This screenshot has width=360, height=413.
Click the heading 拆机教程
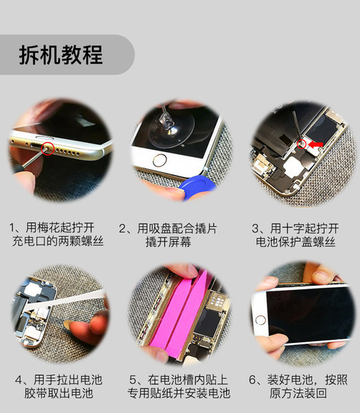tap(61, 55)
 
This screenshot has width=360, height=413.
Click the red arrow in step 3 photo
tap(315, 144)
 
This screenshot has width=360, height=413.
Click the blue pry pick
tap(197, 185)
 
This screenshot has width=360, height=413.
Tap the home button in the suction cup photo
tap(160, 160)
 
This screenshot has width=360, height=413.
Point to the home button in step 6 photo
tap(261, 321)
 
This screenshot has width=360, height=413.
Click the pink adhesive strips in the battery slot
tap(179, 313)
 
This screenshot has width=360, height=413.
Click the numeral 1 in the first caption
tap(12, 228)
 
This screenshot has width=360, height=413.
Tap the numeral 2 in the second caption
tap(123, 229)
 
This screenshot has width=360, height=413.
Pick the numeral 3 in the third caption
tap(255, 229)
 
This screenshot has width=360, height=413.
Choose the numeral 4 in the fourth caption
tap(19, 380)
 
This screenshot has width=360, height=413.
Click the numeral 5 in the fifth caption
tap(133, 380)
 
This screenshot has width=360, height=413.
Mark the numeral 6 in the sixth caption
tap(253, 380)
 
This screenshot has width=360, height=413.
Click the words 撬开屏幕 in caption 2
tap(169, 242)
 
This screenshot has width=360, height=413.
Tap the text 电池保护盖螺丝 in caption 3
tap(295, 242)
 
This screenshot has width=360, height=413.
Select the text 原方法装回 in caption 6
tap(298, 393)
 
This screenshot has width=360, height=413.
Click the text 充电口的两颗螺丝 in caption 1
tap(58, 241)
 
